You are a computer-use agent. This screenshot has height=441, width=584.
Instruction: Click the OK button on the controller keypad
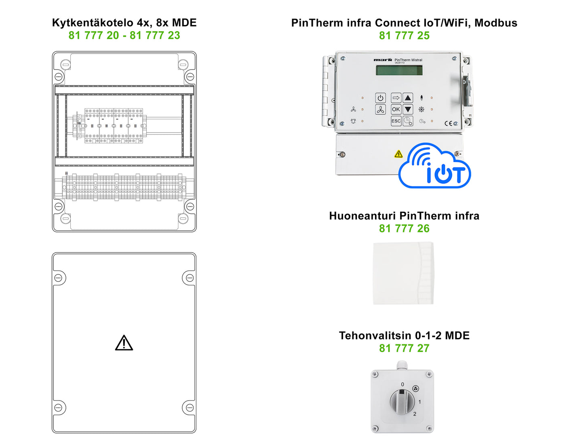(396, 109)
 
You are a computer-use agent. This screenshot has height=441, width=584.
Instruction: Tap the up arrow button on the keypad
(408, 98)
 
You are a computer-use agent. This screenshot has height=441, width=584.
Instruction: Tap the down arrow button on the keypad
(408, 109)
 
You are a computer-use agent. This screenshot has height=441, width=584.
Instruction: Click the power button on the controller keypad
(380, 98)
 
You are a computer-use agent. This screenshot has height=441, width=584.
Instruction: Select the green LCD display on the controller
(399, 70)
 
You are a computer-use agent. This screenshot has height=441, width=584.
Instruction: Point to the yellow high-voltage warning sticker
(398, 154)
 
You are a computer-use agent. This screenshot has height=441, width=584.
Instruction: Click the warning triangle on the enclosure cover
(124, 343)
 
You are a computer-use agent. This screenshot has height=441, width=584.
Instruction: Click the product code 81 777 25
(404, 36)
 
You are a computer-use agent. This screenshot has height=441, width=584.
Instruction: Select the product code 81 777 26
(404, 228)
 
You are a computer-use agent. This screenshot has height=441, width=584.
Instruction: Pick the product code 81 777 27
(404, 348)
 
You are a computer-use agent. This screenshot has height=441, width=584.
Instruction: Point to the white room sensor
(403, 273)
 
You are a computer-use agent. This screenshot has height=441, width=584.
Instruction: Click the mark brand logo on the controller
(382, 60)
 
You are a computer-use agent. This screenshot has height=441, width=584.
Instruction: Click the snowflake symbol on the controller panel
(422, 110)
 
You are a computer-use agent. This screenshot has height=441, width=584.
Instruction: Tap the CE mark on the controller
(448, 123)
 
